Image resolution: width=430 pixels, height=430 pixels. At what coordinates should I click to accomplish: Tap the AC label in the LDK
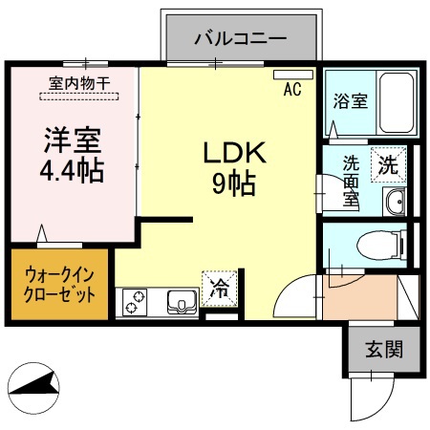coord(292,91)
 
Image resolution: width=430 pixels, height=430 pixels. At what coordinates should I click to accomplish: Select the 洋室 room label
coord(70,140)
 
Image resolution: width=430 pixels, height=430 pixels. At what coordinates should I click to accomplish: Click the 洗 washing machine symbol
coord(388,163)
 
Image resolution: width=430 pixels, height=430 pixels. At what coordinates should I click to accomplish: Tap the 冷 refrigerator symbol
coord(219,285)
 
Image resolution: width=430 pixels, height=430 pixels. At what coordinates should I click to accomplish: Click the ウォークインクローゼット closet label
coord(60,285)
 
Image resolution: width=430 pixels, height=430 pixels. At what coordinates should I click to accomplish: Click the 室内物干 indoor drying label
coord(78,83)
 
